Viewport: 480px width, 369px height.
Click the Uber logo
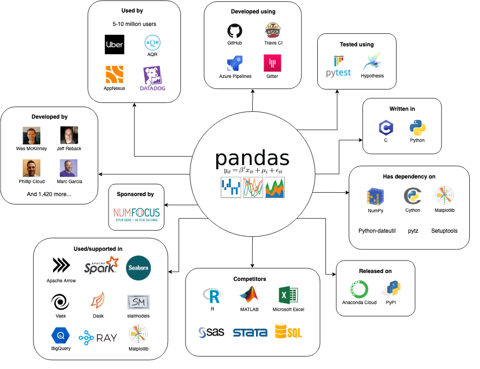click(114, 45)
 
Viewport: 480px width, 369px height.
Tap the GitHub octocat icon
click(235, 32)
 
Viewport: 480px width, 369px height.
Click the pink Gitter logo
click(272, 63)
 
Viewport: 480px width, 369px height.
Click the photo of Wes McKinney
click(32, 135)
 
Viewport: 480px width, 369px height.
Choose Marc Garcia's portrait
click(69, 168)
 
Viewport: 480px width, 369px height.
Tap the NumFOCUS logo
click(136, 214)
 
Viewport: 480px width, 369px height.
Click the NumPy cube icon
click(376, 197)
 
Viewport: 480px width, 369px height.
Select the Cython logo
click(412, 196)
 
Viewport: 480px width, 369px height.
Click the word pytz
click(413, 230)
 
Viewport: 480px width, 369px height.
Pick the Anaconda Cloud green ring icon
click(359, 290)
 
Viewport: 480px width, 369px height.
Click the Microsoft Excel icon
click(288, 295)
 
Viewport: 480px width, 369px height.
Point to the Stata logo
click(250, 332)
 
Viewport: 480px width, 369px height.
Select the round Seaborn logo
click(138, 268)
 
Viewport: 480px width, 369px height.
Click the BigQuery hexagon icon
click(61, 334)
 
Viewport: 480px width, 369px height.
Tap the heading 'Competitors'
click(252, 279)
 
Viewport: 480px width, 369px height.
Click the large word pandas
click(252, 159)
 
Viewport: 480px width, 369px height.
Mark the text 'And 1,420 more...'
click(49, 194)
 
